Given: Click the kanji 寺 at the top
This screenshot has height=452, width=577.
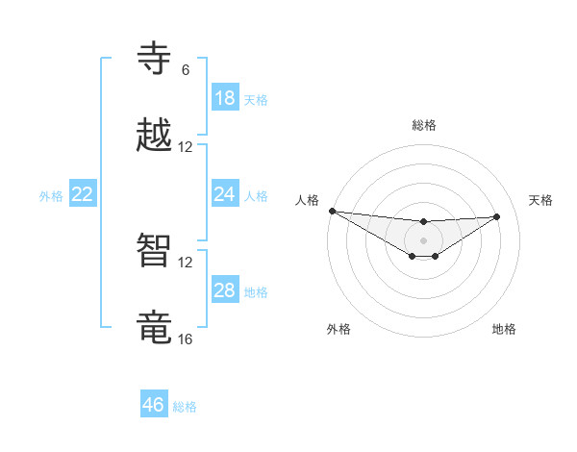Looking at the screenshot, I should (155, 58).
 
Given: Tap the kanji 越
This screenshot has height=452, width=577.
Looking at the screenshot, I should (155, 136).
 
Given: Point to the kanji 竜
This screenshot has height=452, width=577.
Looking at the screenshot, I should (155, 328).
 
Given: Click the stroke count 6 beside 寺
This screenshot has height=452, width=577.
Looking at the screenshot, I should (185, 70).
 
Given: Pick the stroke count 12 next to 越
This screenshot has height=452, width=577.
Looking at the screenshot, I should (186, 147).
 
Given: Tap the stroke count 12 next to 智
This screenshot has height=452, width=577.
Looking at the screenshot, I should (186, 263).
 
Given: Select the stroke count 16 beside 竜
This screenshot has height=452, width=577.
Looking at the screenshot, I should (186, 339).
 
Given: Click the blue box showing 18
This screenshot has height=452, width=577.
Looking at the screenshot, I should (225, 98).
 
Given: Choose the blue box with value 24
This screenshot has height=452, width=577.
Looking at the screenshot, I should (225, 194).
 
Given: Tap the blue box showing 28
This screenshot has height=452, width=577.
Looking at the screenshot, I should (225, 290).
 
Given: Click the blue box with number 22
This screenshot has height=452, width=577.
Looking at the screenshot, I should (83, 194).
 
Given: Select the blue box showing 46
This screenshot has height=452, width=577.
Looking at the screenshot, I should (154, 405).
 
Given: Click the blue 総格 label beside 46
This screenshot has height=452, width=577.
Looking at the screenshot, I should (185, 407).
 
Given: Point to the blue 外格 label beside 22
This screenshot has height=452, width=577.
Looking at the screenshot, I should (51, 196).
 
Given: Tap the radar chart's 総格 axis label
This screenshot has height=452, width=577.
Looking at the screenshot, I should (424, 125).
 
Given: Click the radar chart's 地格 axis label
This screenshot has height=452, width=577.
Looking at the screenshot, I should (504, 329).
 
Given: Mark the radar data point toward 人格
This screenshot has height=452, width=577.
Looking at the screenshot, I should (332, 211).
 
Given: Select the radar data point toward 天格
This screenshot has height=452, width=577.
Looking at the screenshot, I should (497, 216).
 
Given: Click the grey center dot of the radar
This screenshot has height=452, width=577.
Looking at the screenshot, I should (424, 239).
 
